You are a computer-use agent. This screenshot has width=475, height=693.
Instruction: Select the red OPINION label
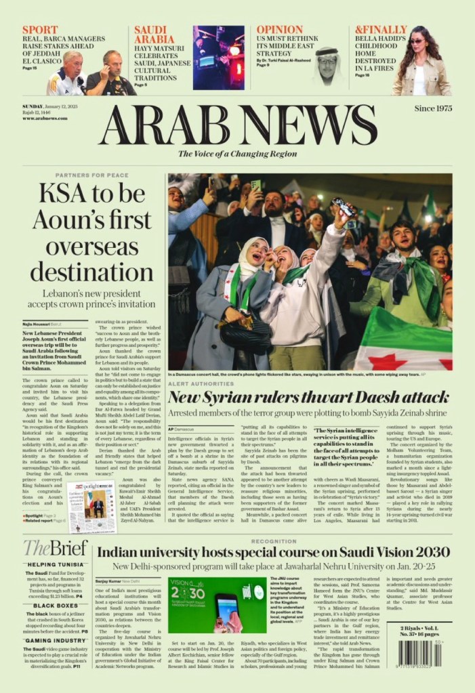click(x=280, y=30)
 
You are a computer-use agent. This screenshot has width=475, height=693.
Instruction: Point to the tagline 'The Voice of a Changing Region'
click(x=237, y=154)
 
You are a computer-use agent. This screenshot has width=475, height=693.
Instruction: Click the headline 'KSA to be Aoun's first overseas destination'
click(x=95, y=232)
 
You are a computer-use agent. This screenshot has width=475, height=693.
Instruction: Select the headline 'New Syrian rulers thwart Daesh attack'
click(x=308, y=396)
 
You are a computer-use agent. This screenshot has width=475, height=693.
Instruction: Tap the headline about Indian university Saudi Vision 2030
click(x=274, y=551)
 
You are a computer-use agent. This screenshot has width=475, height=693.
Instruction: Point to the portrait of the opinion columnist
click(x=327, y=66)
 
